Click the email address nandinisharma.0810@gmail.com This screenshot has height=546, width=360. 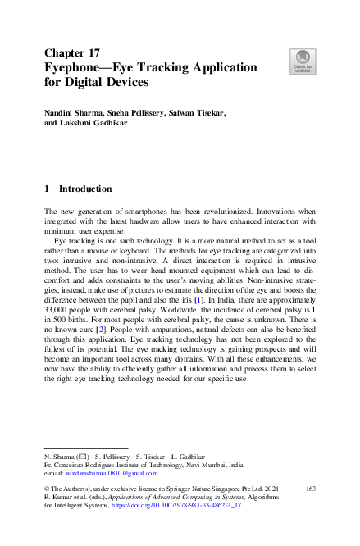pos(103,473)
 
